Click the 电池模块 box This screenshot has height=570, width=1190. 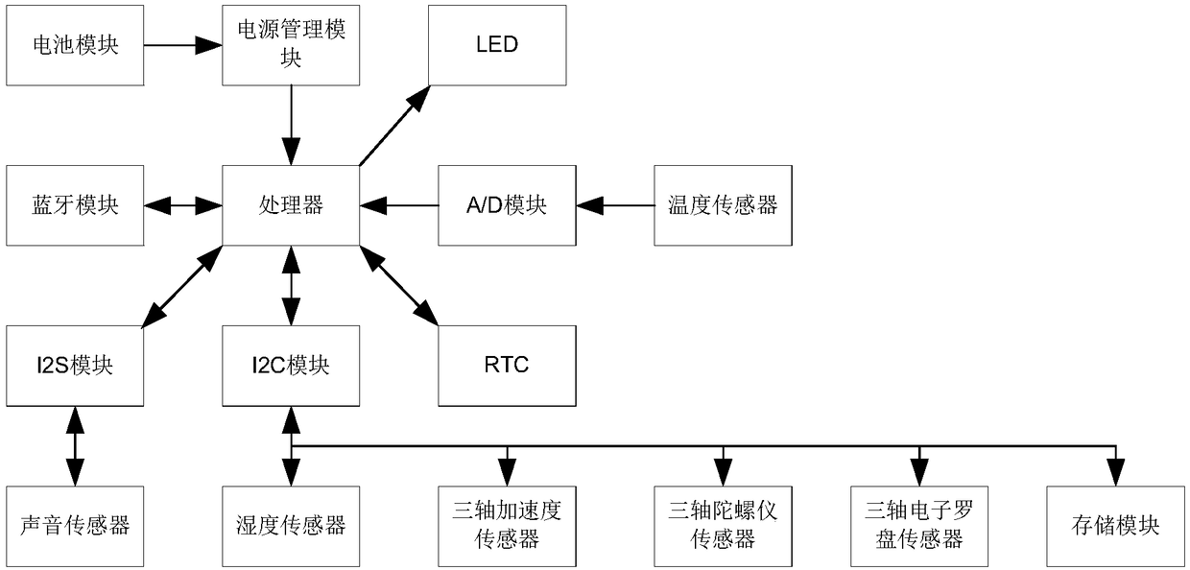[75, 45]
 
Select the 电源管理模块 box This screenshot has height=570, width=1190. [291, 45]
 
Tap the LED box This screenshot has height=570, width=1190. [497, 45]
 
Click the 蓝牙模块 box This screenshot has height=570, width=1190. [75, 205]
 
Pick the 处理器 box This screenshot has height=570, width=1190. [291, 205]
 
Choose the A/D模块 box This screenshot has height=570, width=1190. [507, 205]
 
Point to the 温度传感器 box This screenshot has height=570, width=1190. [723, 205]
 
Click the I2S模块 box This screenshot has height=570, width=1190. [75, 366]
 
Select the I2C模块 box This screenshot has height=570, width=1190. [291, 366]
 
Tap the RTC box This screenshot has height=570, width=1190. [507, 366]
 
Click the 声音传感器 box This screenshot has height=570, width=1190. [75, 527]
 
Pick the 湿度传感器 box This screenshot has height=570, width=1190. [291, 527]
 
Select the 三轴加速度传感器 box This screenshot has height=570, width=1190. [507, 527]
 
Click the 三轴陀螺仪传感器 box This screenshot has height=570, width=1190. [723, 527]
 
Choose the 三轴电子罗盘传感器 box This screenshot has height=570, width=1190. [919, 527]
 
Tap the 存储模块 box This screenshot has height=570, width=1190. [1115, 527]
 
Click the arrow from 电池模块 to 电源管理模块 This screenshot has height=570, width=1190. [182, 45]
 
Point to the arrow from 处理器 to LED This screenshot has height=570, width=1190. [394, 126]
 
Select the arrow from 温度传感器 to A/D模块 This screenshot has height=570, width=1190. [615, 205]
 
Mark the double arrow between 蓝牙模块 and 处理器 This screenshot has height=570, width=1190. [182, 205]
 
